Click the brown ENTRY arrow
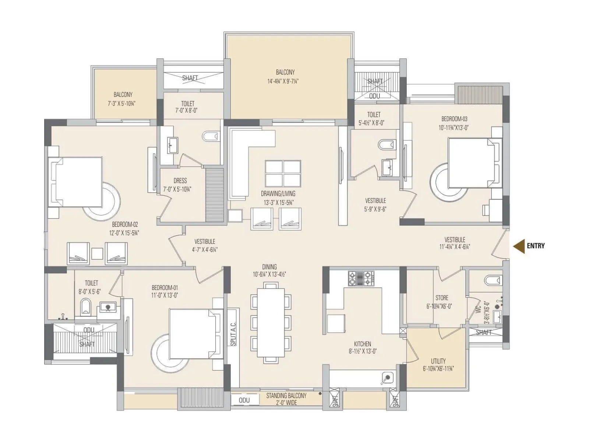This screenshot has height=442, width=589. click(x=519, y=246)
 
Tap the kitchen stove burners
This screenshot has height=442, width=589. click(x=361, y=278)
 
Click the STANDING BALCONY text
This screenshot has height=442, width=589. click(x=286, y=396)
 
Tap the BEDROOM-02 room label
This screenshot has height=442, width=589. click(x=125, y=224)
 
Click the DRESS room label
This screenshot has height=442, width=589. click(x=180, y=181)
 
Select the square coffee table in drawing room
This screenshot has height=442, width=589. click(x=283, y=173)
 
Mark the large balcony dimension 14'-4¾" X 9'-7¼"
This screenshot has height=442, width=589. click(x=283, y=81)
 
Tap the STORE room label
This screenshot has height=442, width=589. click(x=442, y=298)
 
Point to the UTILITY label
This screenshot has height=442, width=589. click(x=438, y=361)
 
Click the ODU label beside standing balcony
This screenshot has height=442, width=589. click(x=244, y=400)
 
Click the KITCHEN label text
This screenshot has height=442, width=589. click(x=362, y=344)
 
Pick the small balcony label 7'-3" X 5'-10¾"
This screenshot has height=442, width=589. click(x=122, y=104)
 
